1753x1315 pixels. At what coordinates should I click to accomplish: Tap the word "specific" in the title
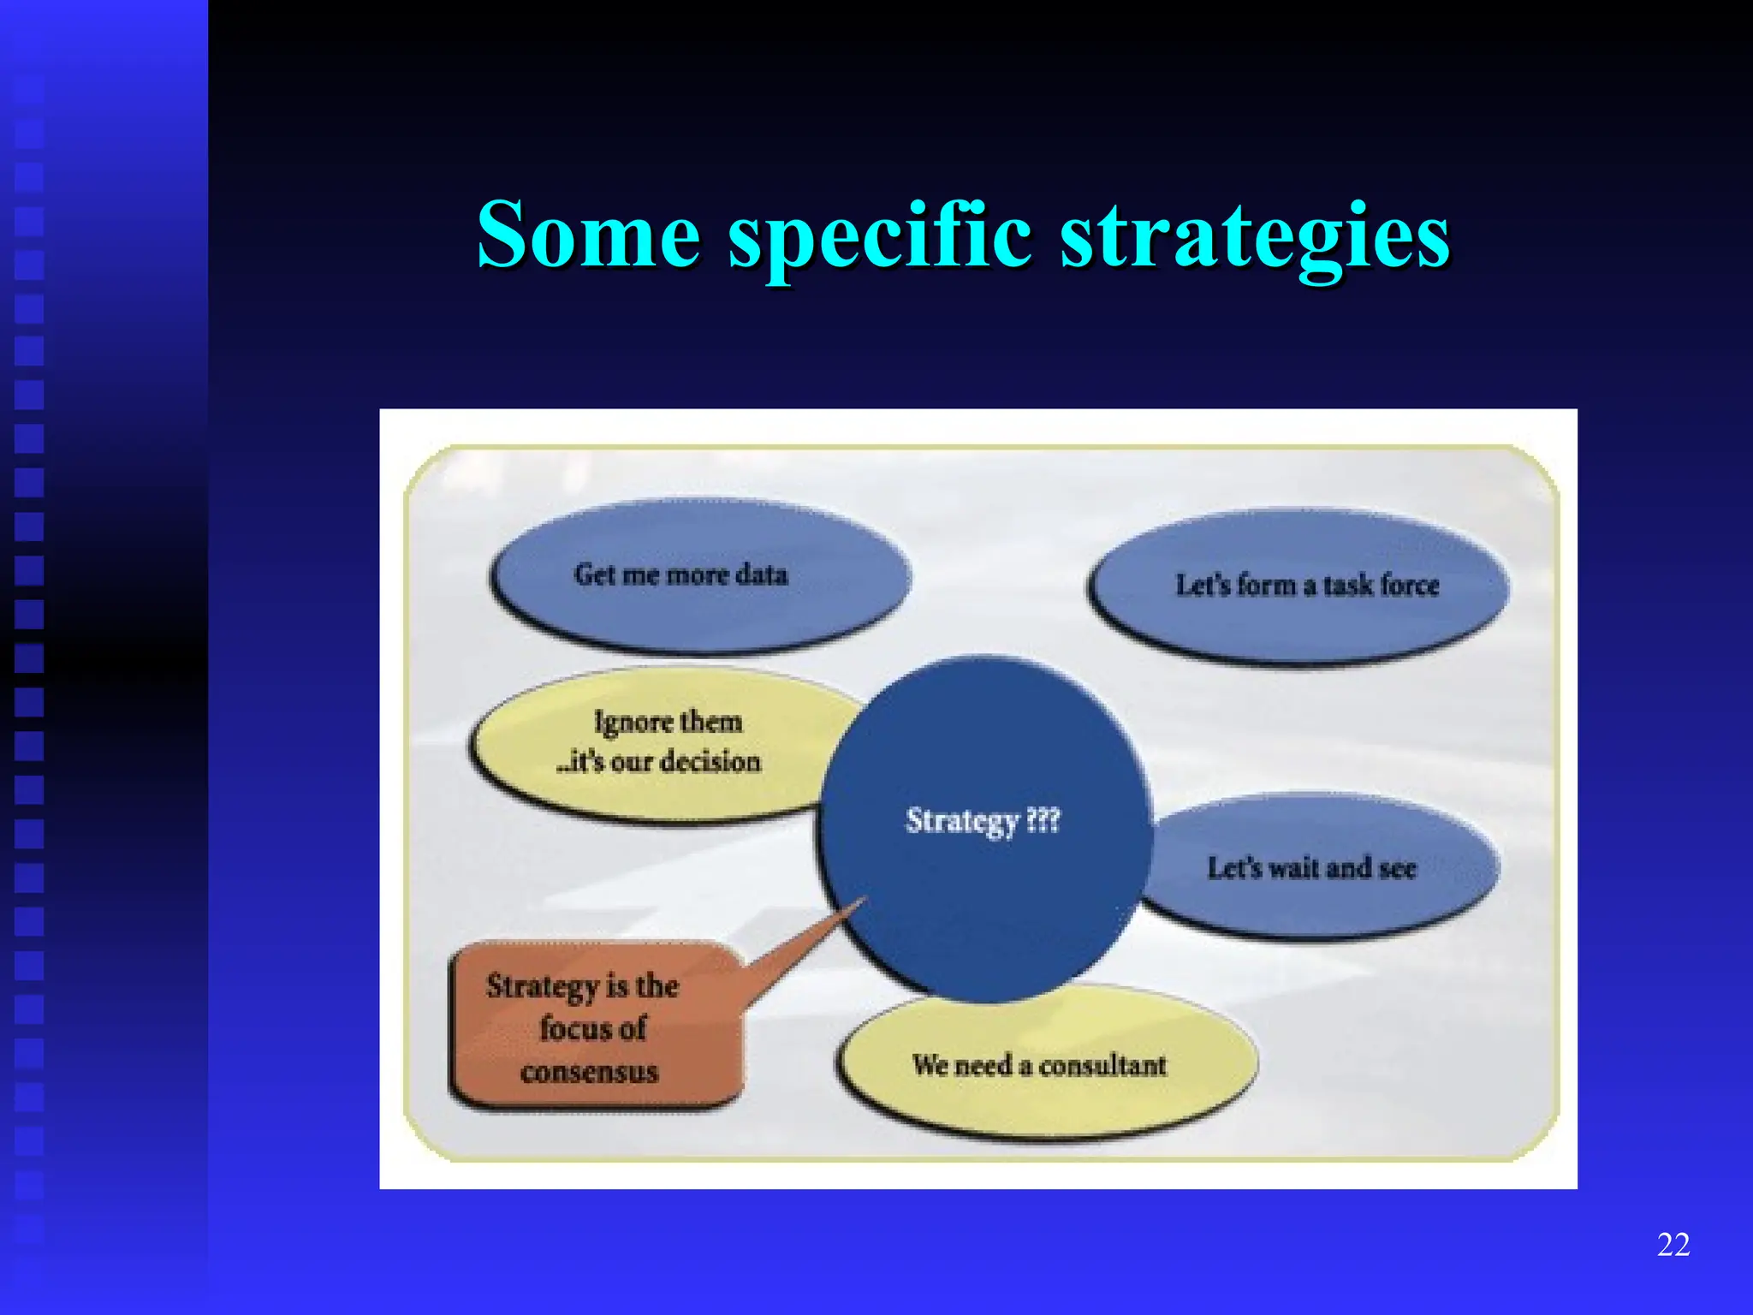[x=880, y=236]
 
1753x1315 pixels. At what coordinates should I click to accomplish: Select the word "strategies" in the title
[x=1255, y=236]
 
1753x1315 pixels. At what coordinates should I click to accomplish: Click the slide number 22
[x=1673, y=1244]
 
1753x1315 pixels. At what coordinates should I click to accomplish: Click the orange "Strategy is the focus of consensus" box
[x=595, y=1027]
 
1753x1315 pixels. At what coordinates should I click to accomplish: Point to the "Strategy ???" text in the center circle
[x=983, y=820]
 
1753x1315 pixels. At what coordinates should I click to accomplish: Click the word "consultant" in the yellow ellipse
[x=1102, y=1065]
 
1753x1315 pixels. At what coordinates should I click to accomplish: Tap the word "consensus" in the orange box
[x=589, y=1072]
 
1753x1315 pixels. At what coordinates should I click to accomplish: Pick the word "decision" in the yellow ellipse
[x=710, y=761]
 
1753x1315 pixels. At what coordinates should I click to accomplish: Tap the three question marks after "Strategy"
[x=1043, y=820]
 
